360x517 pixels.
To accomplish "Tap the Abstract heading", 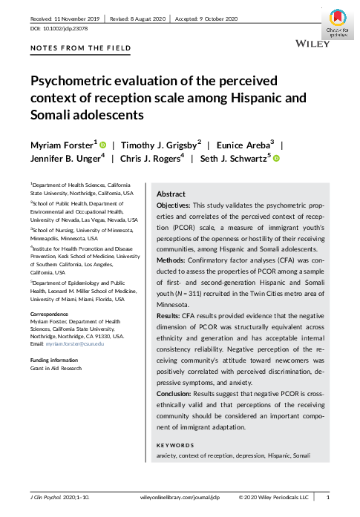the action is pyautogui.click(x=171, y=193).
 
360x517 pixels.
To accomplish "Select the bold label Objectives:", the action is pyautogui.click(x=175, y=204).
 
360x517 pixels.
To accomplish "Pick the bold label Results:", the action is pyautogui.click(x=171, y=317).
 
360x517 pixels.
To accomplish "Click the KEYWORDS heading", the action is pyautogui.click(x=175, y=445).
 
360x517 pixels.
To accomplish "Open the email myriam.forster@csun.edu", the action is pyautogui.click(x=82, y=343).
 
